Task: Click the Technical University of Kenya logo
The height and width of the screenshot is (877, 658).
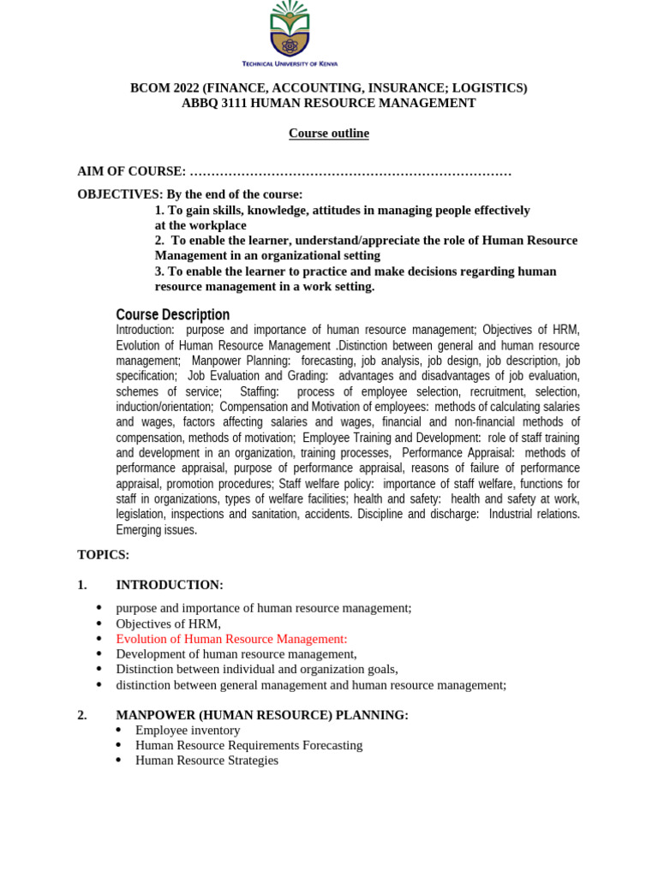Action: point(290,32)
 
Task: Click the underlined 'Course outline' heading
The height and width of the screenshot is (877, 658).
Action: point(328,134)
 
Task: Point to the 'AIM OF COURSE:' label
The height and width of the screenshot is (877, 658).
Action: point(131,172)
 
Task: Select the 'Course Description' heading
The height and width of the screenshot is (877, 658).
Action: point(172,314)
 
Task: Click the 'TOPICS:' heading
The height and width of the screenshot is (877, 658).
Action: point(103,555)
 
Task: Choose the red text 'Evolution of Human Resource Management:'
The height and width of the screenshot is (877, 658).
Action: point(231,639)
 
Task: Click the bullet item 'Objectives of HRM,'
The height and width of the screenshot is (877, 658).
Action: point(168,623)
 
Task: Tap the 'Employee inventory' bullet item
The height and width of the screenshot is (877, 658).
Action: point(188,731)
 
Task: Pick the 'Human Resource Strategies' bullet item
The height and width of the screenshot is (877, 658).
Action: point(206,761)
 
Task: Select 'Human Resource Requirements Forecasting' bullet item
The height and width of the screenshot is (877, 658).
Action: point(248,745)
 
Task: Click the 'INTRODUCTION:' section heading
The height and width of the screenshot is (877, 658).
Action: point(169,585)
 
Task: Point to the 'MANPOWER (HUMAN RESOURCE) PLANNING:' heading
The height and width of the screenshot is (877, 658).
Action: point(261,715)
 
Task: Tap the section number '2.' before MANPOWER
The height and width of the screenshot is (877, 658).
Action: point(82,715)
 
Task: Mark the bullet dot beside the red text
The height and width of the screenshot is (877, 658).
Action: point(99,640)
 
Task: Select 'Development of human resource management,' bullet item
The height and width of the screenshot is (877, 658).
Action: point(236,654)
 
